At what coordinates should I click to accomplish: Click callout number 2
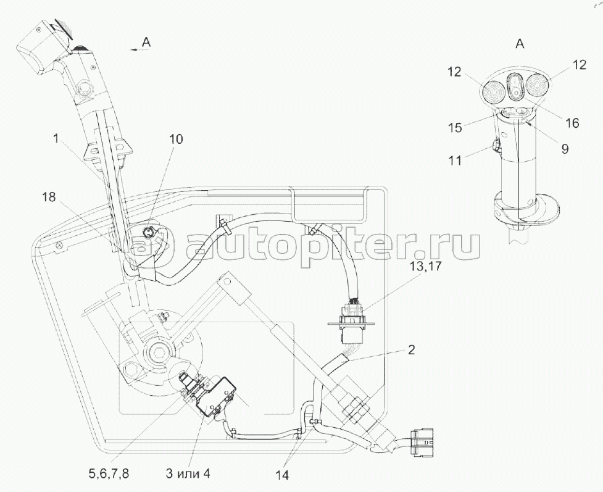point(411,350)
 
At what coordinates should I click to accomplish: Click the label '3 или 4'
point(188,473)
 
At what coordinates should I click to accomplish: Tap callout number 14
point(282,475)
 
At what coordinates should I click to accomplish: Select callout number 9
point(565,149)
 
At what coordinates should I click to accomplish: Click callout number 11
point(455,160)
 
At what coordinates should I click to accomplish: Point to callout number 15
point(455,127)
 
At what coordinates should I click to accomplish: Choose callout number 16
point(572,123)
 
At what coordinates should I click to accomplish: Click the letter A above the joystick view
point(520,44)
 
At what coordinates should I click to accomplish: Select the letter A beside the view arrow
point(146,43)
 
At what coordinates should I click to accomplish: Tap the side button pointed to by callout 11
point(496,146)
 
